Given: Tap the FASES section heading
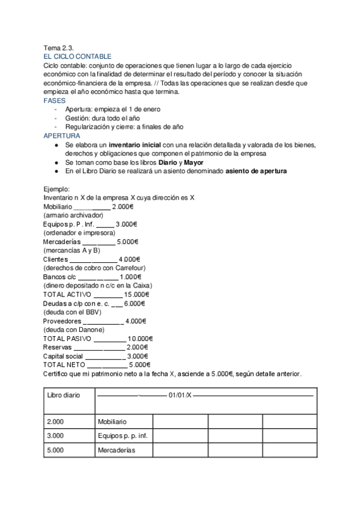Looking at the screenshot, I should click(55, 100).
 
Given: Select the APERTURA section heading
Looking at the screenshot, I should click(61, 136).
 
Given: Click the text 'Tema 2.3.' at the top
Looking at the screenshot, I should click(58, 48).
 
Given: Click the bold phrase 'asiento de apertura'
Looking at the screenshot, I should click(256, 171).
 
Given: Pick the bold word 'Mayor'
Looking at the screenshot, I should click(194, 162).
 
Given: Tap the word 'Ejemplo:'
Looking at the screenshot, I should click(57, 189).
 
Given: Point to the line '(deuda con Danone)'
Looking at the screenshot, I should click(74, 330).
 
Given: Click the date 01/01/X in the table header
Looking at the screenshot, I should click(180, 395).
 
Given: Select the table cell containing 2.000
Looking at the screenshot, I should click(55, 422).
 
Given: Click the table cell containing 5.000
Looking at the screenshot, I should click(55, 450).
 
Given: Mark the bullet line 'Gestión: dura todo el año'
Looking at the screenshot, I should click(106, 118).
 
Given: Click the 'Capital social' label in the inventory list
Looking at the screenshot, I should click(63, 356).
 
